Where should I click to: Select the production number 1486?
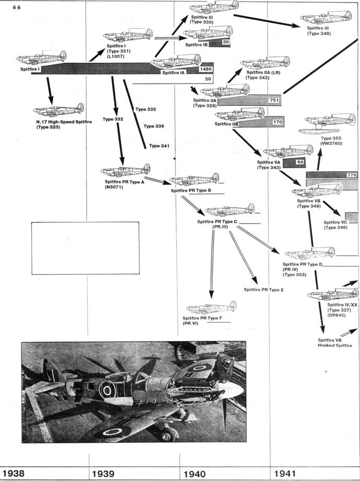[206, 69]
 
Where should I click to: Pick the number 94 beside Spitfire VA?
[300, 163]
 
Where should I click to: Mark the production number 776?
[351, 175]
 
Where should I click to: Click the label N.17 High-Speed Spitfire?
[61, 122]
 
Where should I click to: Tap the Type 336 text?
[153, 126]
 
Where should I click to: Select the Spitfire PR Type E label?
[263, 289]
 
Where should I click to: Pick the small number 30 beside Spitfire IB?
[226, 42]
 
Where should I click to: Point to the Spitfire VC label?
[336, 225]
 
